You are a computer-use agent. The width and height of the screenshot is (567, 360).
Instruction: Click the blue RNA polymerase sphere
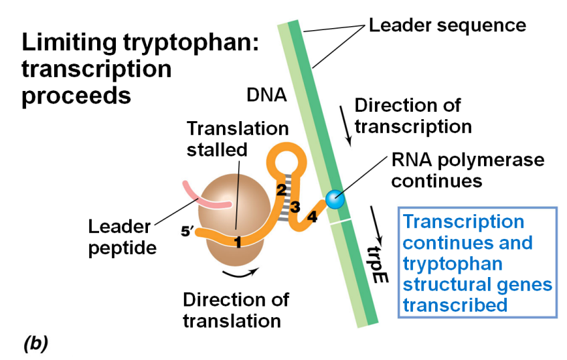(335, 199)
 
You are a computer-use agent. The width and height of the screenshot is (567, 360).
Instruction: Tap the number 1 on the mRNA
(236, 243)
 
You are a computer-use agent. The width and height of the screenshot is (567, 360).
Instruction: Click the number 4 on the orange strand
(312, 217)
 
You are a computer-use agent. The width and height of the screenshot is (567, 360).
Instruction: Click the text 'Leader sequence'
(447, 26)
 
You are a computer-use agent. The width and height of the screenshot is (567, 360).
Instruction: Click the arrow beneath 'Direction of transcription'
(347, 132)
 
